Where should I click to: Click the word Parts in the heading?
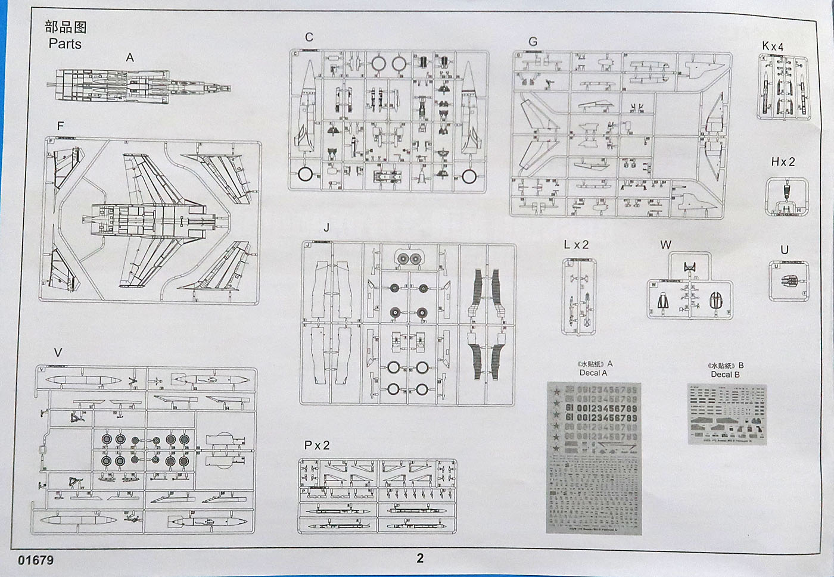pyautogui.click(x=65, y=44)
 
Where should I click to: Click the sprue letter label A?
pyautogui.click(x=130, y=58)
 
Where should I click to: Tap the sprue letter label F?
pyautogui.click(x=60, y=126)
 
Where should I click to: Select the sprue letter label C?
pyautogui.click(x=309, y=38)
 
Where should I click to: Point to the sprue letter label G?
pyautogui.click(x=533, y=42)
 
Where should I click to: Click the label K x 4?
pyautogui.click(x=773, y=46)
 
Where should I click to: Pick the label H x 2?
pyautogui.click(x=783, y=162)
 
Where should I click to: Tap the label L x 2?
pyautogui.click(x=575, y=245)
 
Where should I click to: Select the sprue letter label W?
pyautogui.click(x=665, y=245)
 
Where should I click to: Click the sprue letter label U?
pyautogui.click(x=785, y=250)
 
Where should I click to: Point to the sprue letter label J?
pyautogui.click(x=326, y=228)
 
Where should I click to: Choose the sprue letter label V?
pyautogui.click(x=58, y=353)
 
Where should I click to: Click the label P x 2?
pyautogui.click(x=316, y=445)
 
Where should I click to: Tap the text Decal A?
pyautogui.click(x=593, y=373)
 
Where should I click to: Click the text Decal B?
pyautogui.click(x=725, y=375)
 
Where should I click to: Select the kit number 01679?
pyautogui.click(x=36, y=560)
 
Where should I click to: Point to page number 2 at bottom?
pyautogui.click(x=420, y=558)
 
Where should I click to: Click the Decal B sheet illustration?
pyautogui.click(x=727, y=413)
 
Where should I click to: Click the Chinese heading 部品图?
pyautogui.click(x=66, y=27)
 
